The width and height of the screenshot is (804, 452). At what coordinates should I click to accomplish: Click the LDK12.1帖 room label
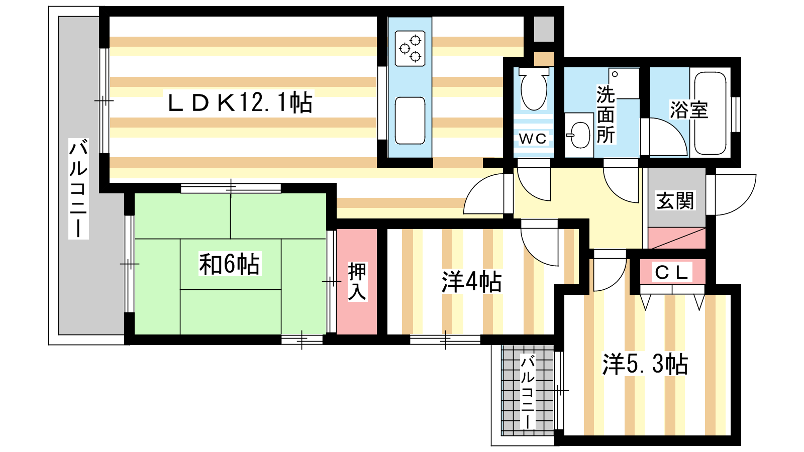pos(240,103)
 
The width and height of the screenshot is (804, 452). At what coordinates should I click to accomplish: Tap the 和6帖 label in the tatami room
pos(229,264)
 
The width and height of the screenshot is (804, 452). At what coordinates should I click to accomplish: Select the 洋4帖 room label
pos(471,282)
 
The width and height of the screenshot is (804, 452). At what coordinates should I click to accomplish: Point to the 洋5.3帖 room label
pos(645,364)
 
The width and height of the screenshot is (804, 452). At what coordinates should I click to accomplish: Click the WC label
pos(533,138)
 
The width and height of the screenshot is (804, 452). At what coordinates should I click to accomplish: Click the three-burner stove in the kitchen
pos(410,48)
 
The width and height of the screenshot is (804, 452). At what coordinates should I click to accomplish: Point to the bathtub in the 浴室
pos(710,113)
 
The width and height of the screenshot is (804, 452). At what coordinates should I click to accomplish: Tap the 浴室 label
pos(689,110)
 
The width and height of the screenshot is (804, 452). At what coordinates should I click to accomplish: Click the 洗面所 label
pos(606,115)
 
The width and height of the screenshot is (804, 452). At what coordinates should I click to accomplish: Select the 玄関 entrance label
pos(675,201)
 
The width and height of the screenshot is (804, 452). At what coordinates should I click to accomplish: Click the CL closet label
pos(671,272)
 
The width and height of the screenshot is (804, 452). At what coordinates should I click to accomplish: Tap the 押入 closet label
pos(357,281)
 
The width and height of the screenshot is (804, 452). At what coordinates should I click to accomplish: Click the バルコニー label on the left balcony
pos(78,188)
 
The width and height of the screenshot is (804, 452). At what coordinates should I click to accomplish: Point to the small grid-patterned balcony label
pos(527,392)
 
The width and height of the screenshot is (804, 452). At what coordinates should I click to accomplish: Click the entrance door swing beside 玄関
pos(735,194)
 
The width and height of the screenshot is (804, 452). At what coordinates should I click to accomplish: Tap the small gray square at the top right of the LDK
pos(543,29)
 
